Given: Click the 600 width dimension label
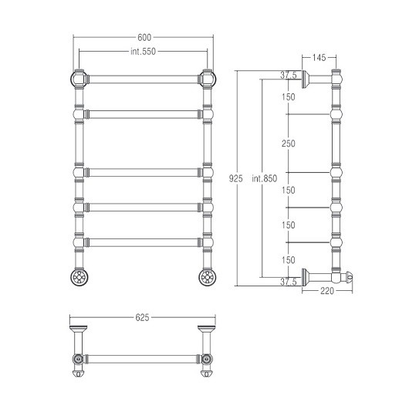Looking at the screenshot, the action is (x=144, y=38).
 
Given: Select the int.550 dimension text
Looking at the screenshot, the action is (x=144, y=52).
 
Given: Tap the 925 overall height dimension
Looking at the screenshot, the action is (x=235, y=178).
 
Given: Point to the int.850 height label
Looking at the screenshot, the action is (x=265, y=178).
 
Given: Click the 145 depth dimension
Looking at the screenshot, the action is (x=319, y=57).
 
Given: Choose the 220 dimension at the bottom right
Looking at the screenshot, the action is (x=327, y=291).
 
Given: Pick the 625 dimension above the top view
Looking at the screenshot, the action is (x=142, y=317).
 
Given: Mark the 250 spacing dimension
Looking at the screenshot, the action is (x=289, y=144).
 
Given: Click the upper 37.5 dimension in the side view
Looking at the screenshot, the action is (x=289, y=75).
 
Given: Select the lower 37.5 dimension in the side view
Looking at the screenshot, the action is (x=289, y=282).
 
